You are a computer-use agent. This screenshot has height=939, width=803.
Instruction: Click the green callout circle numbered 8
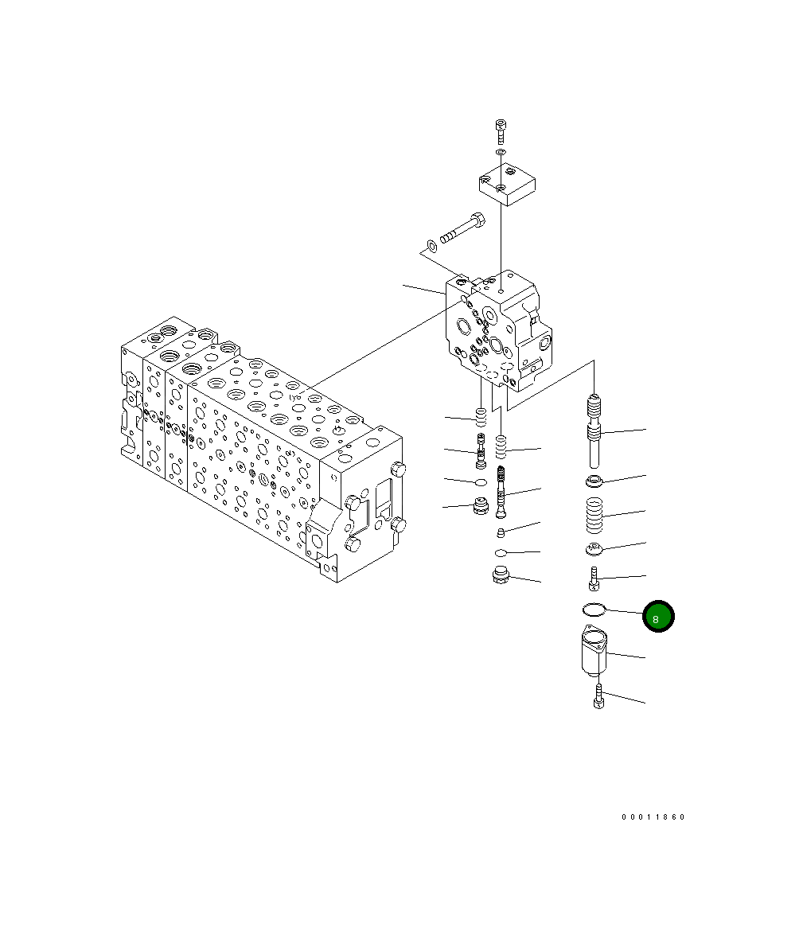(x=658, y=617)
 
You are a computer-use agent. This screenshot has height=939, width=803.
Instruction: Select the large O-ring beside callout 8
(x=594, y=610)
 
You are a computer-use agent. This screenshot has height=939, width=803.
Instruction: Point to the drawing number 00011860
(x=653, y=817)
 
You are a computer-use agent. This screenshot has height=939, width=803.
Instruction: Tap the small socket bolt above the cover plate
(x=500, y=131)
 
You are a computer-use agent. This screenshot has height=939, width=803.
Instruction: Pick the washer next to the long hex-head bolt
(x=431, y=244)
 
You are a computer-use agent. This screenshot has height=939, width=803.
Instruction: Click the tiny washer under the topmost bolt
(x=500, y=151)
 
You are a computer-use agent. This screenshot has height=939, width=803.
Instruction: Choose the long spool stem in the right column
(x=594, y=434)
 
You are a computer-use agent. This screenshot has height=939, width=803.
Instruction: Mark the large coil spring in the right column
(x=594, y=516)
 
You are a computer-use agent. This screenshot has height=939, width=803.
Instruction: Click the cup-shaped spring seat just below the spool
(x=594, y=480)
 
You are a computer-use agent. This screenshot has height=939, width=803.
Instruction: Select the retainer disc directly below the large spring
(x=594, y=548)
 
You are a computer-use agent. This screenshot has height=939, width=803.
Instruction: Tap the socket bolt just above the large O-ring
(x=594, y=579)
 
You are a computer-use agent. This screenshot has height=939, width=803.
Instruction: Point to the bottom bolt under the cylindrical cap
(x=598, y=697)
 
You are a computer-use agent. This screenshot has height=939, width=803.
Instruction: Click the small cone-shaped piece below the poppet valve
(x=501, y=532)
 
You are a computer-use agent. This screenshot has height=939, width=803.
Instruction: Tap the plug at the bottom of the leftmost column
(x=480, y=506)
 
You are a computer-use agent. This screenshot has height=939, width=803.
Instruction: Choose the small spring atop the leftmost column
(x=480, y=416)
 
